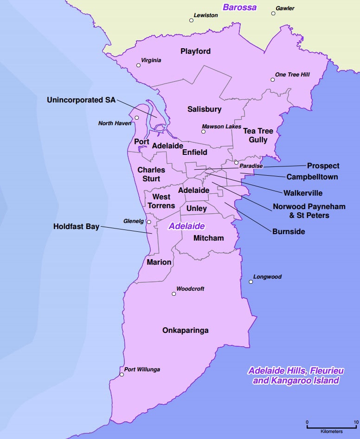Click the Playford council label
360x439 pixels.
195,51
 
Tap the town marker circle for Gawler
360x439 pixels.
273,13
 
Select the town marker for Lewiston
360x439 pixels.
191,20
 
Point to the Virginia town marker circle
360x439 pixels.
138,65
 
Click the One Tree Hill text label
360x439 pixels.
292,75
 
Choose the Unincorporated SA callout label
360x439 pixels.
81,100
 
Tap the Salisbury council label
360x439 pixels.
204,109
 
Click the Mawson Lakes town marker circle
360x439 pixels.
203,132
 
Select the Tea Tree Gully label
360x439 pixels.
258,135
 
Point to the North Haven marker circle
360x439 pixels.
137,118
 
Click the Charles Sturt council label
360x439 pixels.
151,174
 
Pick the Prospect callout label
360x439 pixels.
323,166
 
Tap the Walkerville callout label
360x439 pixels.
304,193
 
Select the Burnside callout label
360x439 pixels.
289,231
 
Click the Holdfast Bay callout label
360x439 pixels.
76,227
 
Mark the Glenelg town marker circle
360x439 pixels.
149,223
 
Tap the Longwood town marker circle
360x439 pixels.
251,282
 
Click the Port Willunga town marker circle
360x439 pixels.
122,375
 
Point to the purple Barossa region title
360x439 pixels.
239,7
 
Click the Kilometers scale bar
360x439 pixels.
331,426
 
